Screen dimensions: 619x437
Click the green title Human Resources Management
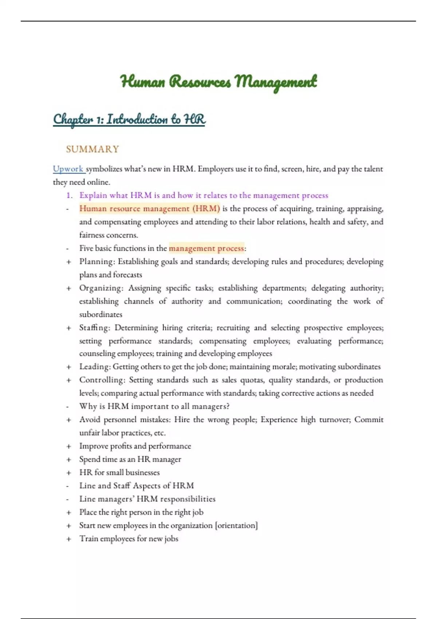click(219, 82)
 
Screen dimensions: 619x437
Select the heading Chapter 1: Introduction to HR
click(129, 119)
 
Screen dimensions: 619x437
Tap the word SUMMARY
click(92, 149)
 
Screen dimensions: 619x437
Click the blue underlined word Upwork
click(68, 169)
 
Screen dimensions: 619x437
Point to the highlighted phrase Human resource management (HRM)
click(150, 209)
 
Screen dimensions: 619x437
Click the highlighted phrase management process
click(206, 248)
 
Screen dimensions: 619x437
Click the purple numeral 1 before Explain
click(69, 196)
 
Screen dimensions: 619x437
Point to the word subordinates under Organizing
click(101, 314)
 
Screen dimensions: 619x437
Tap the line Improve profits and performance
click(135, 446)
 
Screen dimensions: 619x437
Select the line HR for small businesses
click(119, 473)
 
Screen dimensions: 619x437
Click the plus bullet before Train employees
click(69, 539)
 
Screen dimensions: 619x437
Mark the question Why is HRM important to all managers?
click(154, 406)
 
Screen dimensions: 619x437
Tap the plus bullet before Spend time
click(69, 460)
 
